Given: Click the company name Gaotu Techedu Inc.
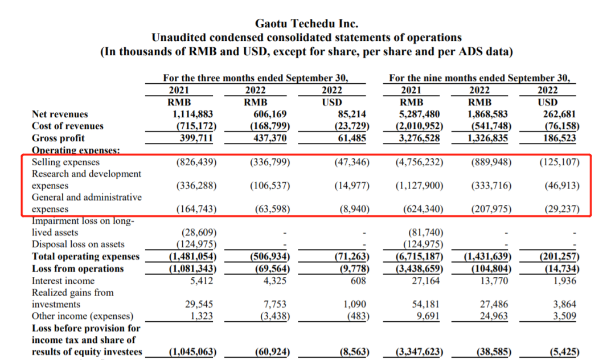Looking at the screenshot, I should (306, 24).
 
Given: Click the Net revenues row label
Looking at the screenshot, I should (60, 114).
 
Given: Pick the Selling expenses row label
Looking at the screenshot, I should (65, 162).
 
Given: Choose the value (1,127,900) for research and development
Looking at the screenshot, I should (419, 186).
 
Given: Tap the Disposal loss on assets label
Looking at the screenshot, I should (78, 244).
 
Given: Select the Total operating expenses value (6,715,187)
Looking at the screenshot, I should (419, 256).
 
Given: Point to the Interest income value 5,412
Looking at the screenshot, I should (203, 280).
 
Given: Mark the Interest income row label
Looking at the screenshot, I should (63, 280).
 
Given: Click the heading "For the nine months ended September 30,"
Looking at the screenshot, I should (479, 78).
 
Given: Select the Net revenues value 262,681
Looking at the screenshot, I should (560, 114).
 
